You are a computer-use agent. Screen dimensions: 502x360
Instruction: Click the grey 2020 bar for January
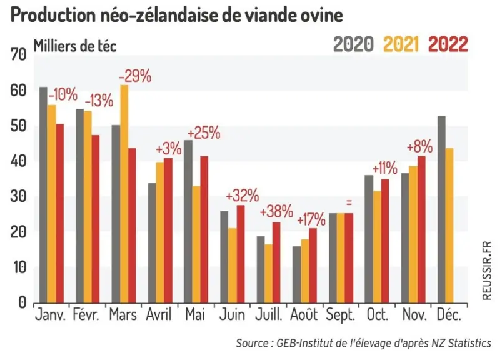[43, 195]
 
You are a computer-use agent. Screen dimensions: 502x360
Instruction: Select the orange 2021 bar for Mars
[124, 194]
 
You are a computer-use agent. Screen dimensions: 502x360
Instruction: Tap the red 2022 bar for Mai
[204, 229]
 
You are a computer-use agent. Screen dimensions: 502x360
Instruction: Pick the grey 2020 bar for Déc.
[441, 209]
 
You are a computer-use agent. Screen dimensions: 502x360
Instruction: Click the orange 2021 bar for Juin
[233, 266]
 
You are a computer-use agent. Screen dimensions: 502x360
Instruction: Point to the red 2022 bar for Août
[313, 266]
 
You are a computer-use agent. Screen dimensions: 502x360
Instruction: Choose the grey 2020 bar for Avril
[152, 243]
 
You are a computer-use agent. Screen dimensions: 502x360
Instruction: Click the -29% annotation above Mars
[135, 76]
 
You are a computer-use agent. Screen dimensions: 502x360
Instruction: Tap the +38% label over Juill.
[276, 211]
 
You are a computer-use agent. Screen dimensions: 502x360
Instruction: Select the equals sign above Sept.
[349, 202]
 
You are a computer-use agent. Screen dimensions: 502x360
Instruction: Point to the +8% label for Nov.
[419, 147]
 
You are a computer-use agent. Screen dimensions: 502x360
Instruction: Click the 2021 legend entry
[401, 44]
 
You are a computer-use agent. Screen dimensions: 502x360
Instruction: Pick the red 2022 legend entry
[448, 44]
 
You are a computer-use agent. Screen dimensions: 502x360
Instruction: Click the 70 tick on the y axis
[18, 55]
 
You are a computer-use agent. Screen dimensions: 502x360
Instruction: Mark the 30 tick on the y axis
[18, 196]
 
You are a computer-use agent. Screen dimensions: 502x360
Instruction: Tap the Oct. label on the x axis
[378, 315]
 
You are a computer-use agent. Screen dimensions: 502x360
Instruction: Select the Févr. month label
[86, 314]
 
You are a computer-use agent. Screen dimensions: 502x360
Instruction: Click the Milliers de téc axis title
[75, 46]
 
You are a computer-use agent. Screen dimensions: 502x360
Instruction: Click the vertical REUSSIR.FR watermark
[486, 271]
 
